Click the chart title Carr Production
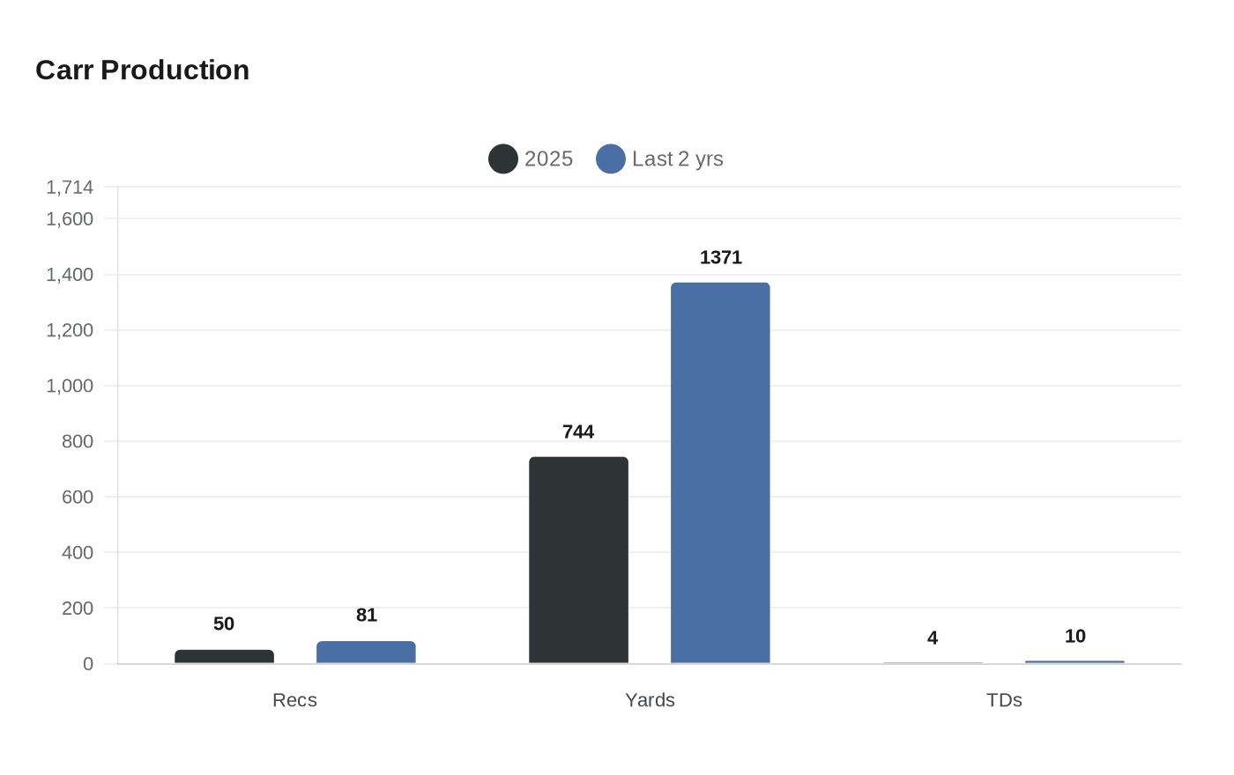[x=142, y=70]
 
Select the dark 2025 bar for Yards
[x=578, y=560]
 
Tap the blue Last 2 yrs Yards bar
[x=720, y=473]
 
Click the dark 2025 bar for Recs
[x=224, y=657]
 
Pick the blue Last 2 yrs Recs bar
[x=366, y=653]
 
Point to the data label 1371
[x=720, y=258]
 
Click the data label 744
[x=578, y=432]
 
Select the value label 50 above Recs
[x=224, y=624]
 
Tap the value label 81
[x=366, y=616]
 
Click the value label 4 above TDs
[x=933, y=638]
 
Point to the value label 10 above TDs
[x=1074, y=637]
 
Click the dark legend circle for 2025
[x=503, y=159]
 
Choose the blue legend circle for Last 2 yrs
[x=611, y=159]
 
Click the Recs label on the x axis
[x=294, y=700]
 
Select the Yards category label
[x=650, y=700]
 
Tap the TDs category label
[x=1004, y=700]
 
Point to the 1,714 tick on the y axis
[x=70, y=188]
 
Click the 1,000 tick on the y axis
[x=70, y=386]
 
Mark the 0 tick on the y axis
[x=87, y=664]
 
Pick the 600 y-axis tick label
[x=78, y=497]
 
